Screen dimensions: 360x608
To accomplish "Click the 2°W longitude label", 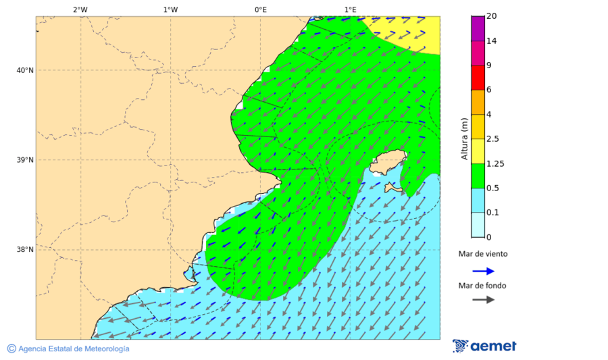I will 80,9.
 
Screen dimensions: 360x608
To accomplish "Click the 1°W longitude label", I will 170,9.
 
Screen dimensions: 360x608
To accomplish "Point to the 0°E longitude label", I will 260,9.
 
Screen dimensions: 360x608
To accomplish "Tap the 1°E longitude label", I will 350,9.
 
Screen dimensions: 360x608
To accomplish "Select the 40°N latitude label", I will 24,70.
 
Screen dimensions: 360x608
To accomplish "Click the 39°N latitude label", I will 24,160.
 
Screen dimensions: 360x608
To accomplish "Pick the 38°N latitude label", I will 24,250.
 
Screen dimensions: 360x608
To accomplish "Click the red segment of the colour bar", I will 478,78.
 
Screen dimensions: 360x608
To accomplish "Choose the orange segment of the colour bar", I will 478,102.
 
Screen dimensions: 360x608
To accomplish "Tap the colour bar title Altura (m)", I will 464,138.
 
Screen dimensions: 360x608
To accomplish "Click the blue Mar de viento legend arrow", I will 483,271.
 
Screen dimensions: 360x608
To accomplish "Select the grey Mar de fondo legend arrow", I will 483,300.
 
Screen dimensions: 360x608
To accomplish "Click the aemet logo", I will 484,346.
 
